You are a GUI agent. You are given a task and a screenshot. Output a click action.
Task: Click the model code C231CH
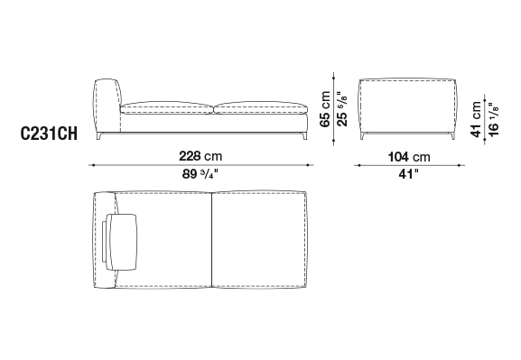[x=49, y=134]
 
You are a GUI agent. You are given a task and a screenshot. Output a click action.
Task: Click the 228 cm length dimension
[x=200, y=156]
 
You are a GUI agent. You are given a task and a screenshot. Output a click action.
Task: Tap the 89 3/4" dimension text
[x=200, y=174]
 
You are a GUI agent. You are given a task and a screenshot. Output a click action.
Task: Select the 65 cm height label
[x=325, y=109]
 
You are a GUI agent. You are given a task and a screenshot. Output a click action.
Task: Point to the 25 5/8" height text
[x=342, y=109]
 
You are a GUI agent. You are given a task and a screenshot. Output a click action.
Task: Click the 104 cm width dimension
[x=409, y=157]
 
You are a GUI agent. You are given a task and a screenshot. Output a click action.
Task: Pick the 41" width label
[x=409, y=174]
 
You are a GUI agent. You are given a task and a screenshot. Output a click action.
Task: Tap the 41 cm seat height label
[x=476, y=119]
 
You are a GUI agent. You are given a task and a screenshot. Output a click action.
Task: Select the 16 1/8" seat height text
[x=493, y=119]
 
